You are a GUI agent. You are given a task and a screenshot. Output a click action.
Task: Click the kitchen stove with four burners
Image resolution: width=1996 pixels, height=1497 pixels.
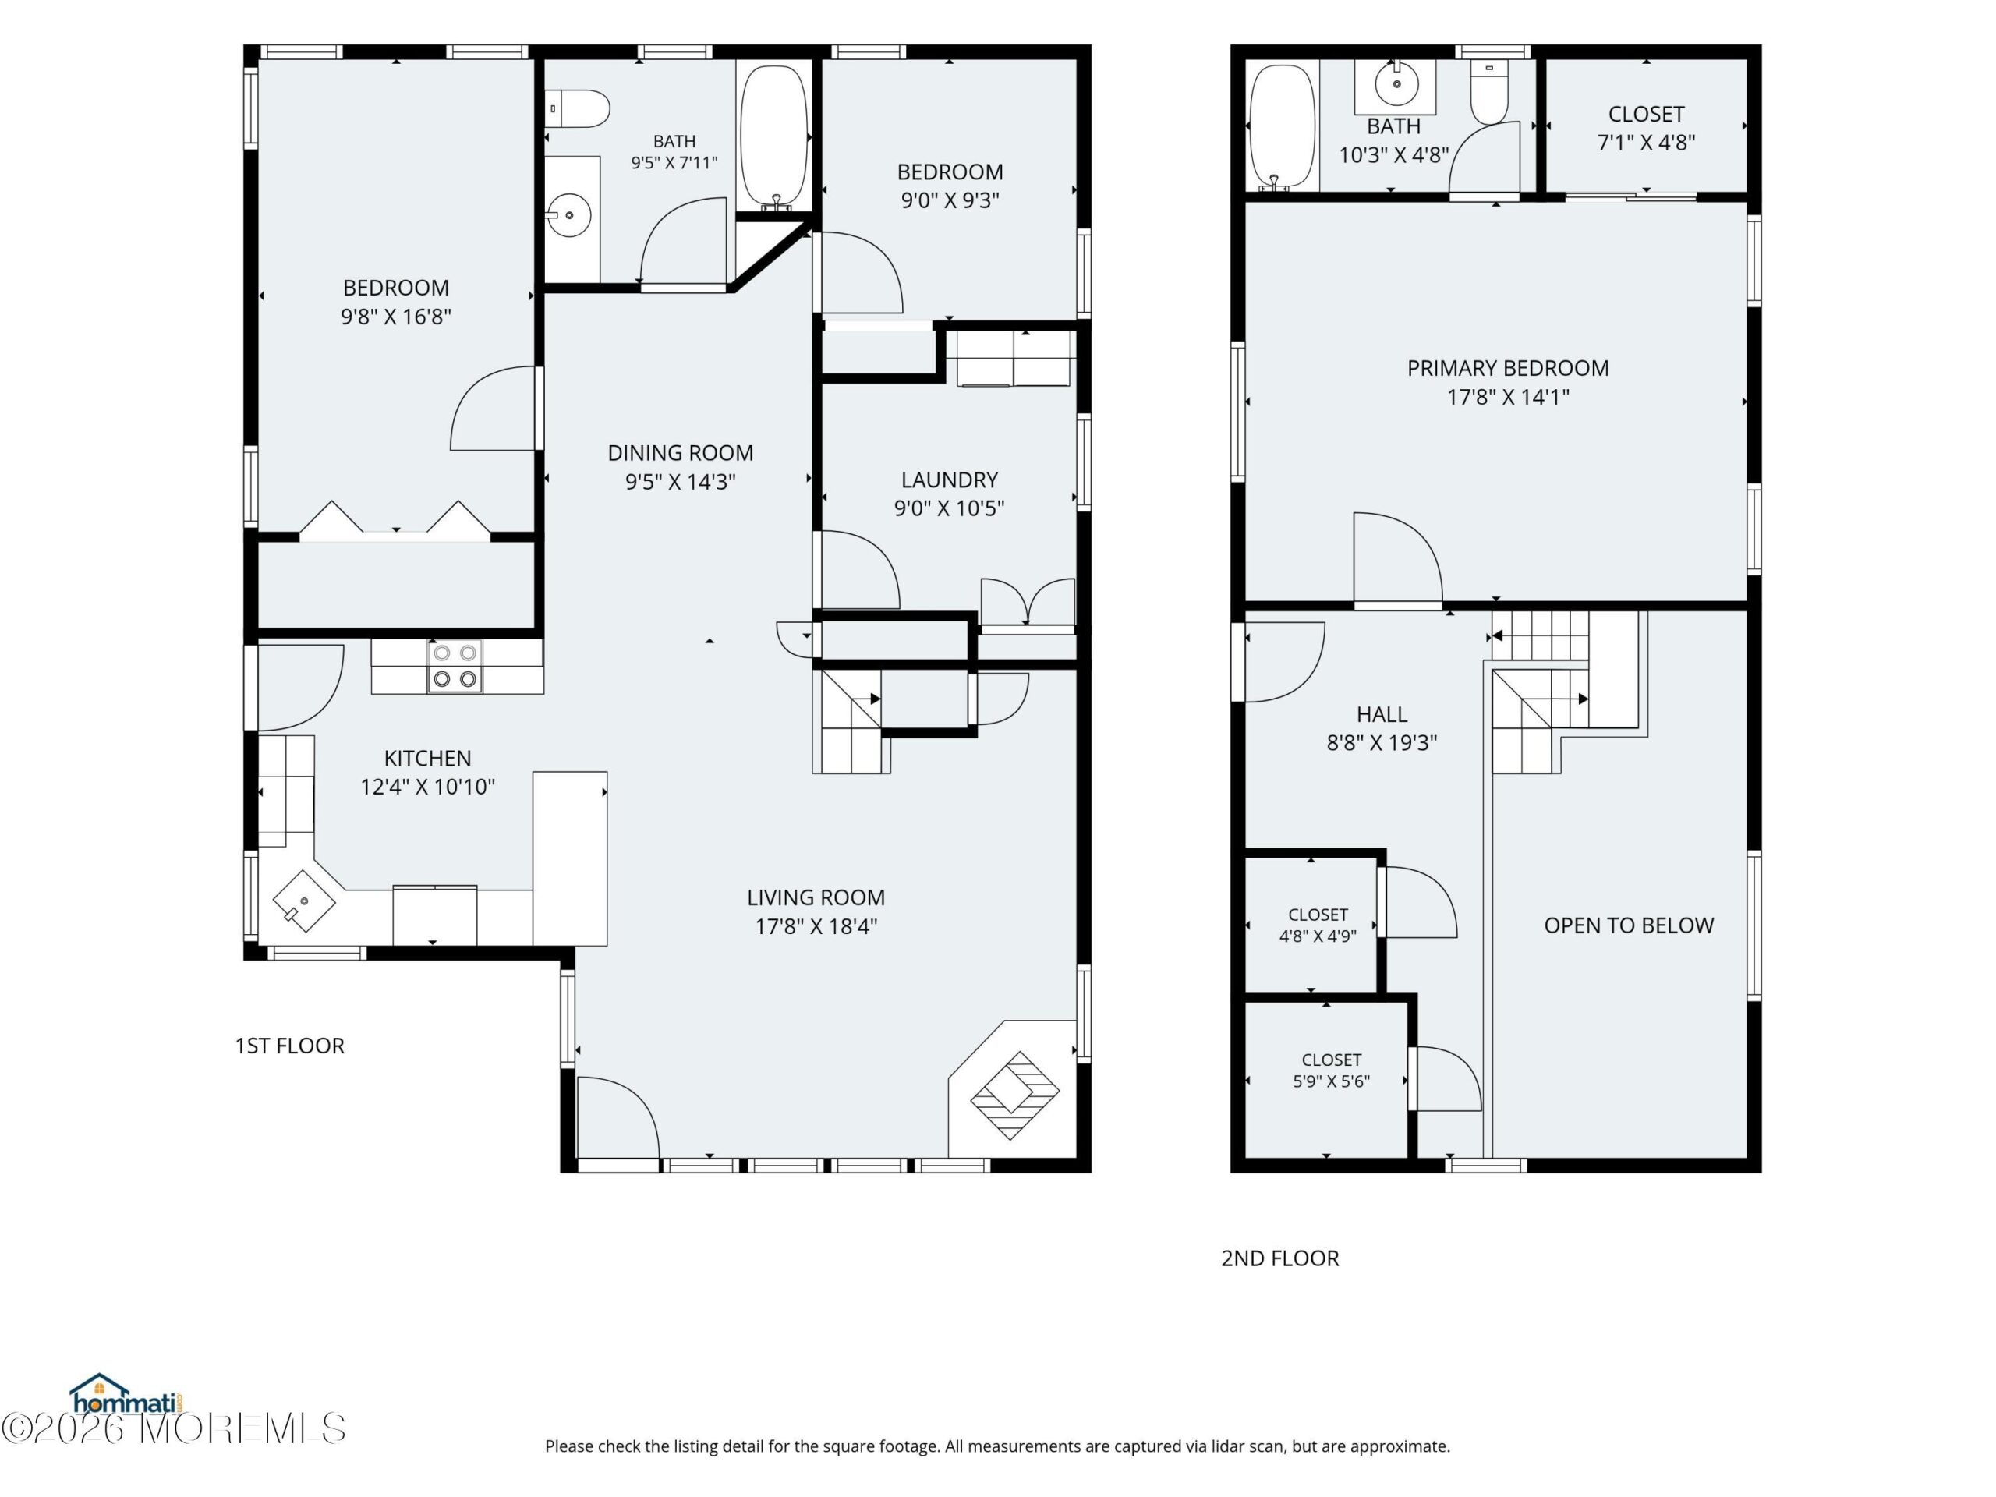tap(455, 666)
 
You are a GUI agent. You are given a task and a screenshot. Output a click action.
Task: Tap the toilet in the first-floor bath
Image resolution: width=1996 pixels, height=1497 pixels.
tap(578, 108)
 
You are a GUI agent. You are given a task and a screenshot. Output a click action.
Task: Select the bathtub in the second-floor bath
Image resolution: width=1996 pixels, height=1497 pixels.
tap(1281, 127)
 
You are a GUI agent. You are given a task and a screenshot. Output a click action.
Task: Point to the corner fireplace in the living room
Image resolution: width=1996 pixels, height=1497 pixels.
tap(1014, 1095)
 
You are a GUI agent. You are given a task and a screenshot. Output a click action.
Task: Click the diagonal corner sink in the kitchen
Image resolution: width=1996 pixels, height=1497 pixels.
tap(304, 901)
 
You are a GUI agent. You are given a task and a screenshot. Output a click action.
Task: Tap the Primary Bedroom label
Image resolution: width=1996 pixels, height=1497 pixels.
tap(1508, 368)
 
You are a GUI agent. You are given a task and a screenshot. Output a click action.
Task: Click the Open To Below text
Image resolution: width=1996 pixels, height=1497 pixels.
tap(1629, 925)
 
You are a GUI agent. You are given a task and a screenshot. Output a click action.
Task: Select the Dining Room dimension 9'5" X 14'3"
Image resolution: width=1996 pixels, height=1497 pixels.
tap(681, 482)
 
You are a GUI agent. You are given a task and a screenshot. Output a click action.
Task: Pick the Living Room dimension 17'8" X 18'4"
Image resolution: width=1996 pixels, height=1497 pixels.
tap(816, 927)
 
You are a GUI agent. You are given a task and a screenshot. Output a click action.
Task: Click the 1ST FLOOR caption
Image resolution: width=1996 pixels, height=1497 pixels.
tap(290, 1046)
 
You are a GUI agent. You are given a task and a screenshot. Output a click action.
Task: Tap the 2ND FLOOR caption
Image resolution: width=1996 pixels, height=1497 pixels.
tap(1279, 1258)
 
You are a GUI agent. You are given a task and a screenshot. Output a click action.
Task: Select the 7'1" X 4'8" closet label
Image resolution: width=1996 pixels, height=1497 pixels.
tap(1646, 143)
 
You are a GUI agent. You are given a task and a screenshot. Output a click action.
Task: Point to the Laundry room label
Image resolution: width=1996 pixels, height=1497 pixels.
tap(950, 480)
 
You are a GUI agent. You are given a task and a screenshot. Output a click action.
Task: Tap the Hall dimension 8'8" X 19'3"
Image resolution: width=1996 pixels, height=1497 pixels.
tap(1382, 742)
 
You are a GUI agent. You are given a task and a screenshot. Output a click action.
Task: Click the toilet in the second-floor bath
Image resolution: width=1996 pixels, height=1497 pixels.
tap(1489, 91)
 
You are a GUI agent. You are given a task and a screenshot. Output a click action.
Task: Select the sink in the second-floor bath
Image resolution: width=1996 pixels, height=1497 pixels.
tap(1396, 85)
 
